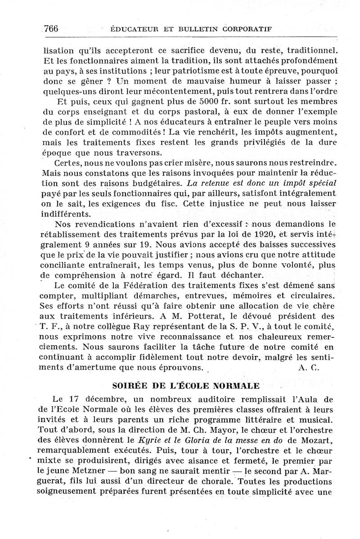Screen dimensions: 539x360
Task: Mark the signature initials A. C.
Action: tap(308, 367)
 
